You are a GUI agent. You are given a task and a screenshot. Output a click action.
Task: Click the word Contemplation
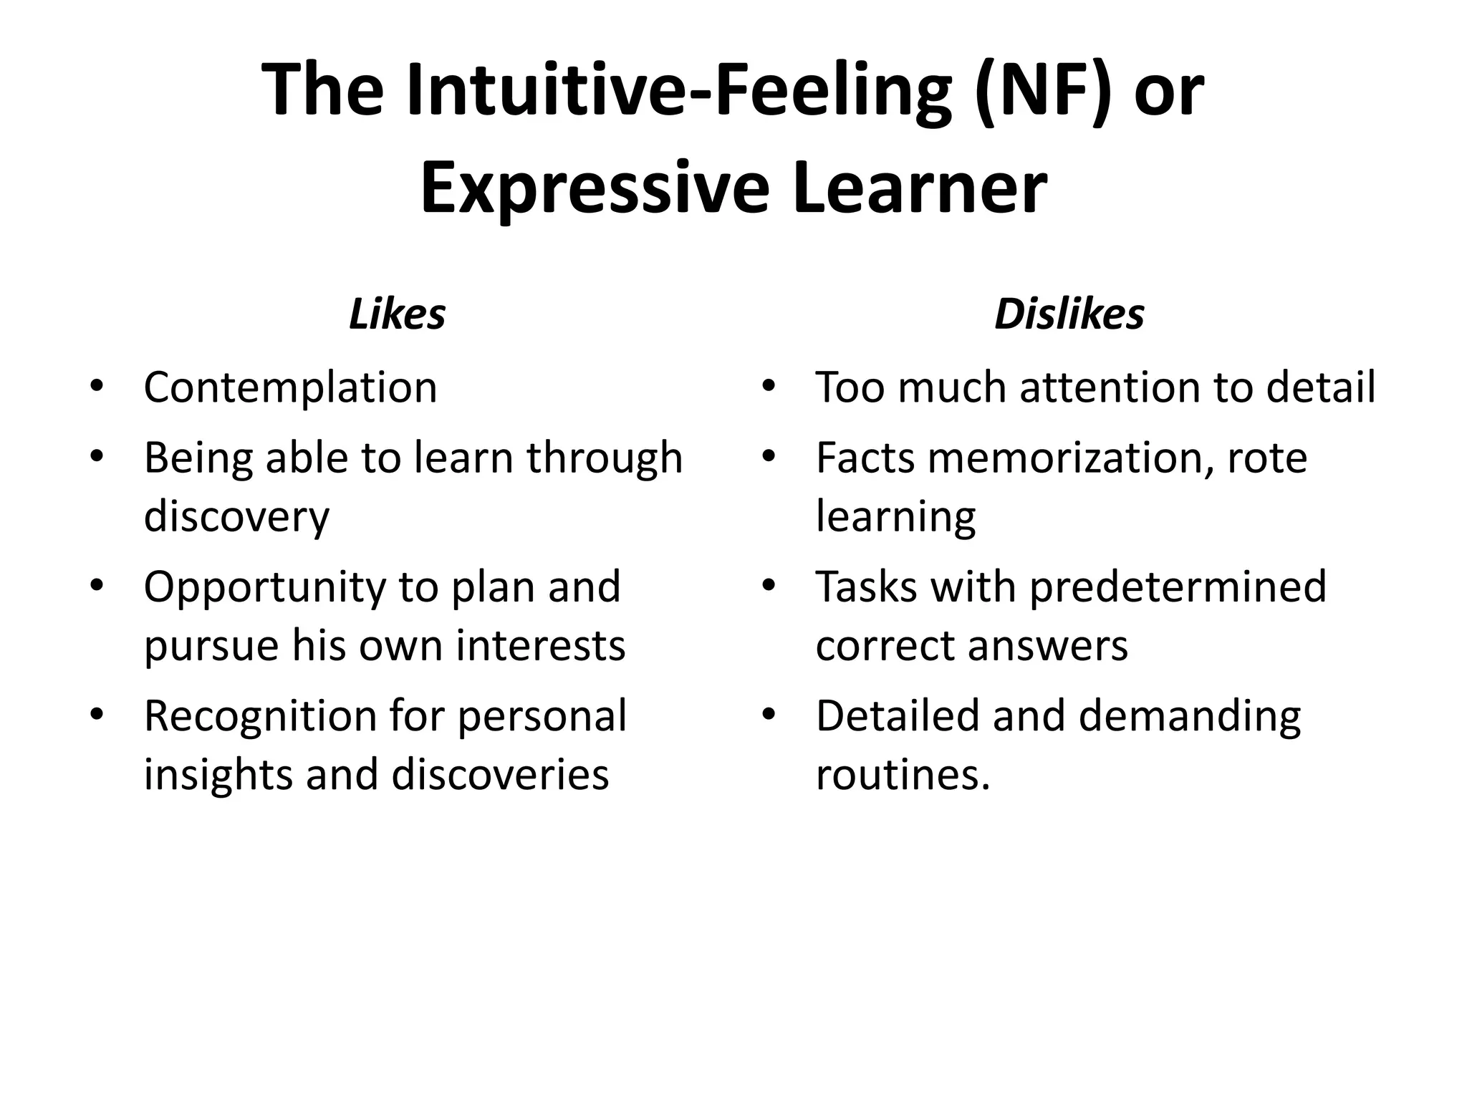[x=290, y=388]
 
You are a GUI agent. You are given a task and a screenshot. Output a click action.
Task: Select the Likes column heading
[x=397, y=314]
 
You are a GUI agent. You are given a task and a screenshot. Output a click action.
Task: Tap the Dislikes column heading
[x=1069, y=314]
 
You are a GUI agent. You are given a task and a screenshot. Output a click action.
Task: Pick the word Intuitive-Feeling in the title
[x=680, y=91]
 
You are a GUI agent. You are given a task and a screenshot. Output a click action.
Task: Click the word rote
[x=1267, y=458]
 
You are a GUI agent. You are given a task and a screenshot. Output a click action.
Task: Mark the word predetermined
[x=1178, y=587]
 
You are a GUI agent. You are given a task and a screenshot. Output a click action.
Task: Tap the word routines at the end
[x=903, y=774]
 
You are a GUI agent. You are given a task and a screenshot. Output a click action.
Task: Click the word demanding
[x=1189, y=716]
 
